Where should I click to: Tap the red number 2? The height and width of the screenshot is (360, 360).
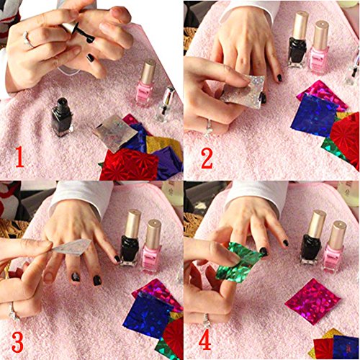click(x=207, y=157)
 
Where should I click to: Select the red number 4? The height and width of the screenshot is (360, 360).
click(x=206, y=339)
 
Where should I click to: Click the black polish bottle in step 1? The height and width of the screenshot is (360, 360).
click(x=62, y=117)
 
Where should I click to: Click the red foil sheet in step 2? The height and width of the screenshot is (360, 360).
click(x=344, y=138)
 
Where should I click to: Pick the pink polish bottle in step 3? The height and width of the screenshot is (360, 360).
click(x=153, y=248)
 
